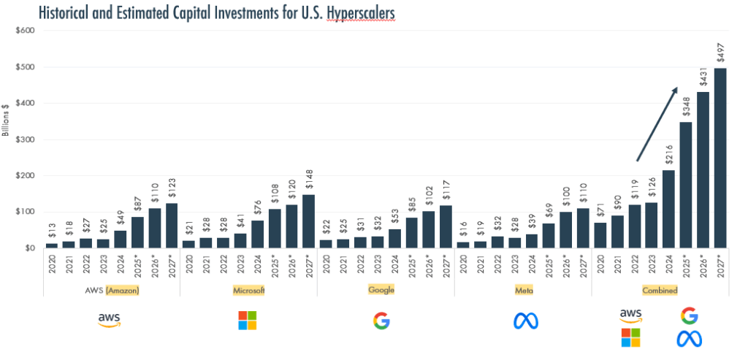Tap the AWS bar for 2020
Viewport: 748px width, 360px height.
click(x=51, y=245)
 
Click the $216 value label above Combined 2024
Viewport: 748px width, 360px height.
click(x=668, y=156)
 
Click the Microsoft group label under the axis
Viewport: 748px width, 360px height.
click(x=248, y=290)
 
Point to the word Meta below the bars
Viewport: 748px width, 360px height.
click(x=522, y=290)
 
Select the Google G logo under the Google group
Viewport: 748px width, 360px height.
click(x=382, y=321)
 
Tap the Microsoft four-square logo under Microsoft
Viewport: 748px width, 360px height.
click(x=248, y=321)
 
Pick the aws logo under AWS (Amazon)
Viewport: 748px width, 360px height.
click(x=110, y=321)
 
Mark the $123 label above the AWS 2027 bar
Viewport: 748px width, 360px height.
click(x=172, y=189)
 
